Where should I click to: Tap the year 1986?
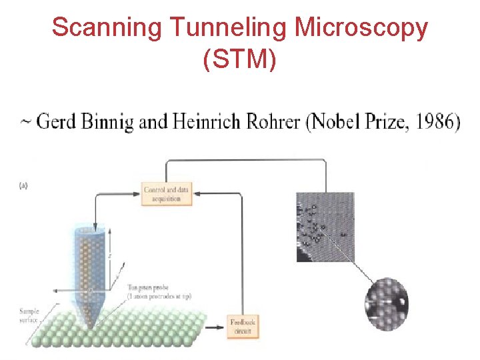pos(433,122)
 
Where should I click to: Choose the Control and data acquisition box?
pos(167,193)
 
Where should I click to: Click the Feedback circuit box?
pos(243,327)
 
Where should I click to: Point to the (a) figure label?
pos(23,185)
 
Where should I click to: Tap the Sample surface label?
pos(31,315)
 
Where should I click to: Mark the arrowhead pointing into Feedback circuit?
pos(222,327)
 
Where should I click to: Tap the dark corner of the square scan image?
pos(303,253)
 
